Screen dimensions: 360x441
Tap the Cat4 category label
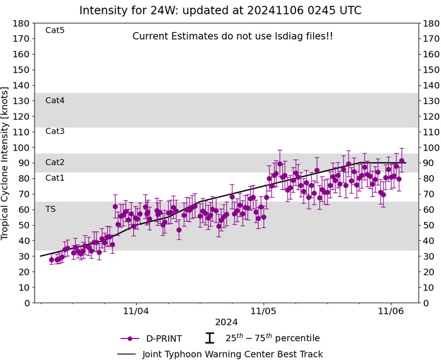tap(55, 100)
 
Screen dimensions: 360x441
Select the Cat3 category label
tap(55, 131)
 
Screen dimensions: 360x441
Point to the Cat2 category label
tap(55, 163)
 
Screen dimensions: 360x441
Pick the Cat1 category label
tap(55, 178)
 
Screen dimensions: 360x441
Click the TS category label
tap(50, 209)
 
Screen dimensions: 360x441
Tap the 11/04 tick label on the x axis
tap(136, 311)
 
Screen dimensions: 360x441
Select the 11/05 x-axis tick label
tap(263, 311)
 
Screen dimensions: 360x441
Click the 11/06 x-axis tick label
tap(391, 311)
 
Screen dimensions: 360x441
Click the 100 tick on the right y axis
tap(432, 148)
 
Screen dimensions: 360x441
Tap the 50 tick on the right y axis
tap(429, 225)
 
